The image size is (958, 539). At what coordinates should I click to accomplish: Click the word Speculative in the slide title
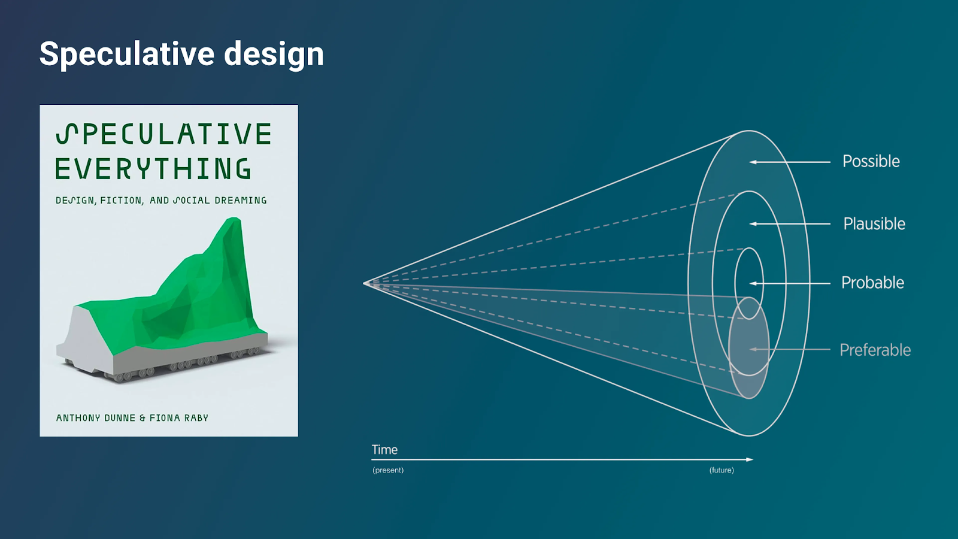point(127,54)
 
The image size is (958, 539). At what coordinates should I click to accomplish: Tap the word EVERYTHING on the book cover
point(153,168)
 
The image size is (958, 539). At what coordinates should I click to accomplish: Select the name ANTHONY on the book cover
point(78,418)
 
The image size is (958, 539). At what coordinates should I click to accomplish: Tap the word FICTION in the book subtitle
point(121,200)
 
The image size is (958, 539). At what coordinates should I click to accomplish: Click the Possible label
point(871,162)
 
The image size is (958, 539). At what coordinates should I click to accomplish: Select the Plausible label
point(874,224)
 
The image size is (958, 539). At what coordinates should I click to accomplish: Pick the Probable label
point(872,283)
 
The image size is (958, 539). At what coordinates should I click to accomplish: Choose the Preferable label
point(875,350)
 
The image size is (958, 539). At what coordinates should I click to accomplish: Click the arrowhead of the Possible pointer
point(753,162)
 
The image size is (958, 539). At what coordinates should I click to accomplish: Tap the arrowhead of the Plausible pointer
point(753,224)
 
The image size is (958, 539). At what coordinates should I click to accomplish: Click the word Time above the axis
point(384,450)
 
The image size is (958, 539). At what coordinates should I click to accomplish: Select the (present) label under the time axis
point(388,470)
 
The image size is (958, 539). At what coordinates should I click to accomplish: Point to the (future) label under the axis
point(721,470)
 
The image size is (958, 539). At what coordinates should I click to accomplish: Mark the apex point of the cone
point(365,283)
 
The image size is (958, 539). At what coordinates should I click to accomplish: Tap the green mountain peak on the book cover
point(234,219)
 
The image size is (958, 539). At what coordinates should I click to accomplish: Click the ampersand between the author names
point(143,418)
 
